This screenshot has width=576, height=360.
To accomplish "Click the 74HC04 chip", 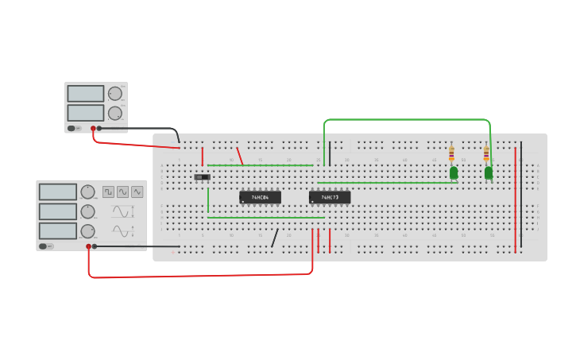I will point(260,197).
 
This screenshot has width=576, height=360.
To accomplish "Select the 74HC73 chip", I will point(329,197).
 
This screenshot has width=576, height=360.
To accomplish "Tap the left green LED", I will point(454,172).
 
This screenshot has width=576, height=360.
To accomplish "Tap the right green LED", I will point(489,172).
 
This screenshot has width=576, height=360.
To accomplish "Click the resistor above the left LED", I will point(451,153).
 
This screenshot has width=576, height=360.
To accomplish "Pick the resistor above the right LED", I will point(486,153).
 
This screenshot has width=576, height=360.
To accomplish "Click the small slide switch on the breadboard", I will point(203,176).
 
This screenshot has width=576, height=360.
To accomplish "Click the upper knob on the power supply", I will point(116,94).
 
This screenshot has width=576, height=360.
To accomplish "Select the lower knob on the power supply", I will point(116,113).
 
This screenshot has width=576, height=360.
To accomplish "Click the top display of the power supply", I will point(86,94).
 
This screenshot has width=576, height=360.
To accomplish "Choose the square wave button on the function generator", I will point(108,192).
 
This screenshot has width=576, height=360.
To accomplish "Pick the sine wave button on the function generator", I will point(122,192).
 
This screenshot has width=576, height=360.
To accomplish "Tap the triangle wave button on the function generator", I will point(137,192).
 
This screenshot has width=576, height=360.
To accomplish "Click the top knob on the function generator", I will point(87,192).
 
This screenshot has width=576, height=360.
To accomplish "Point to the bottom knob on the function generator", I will point(87,231).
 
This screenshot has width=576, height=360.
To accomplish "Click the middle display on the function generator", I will point(57,211).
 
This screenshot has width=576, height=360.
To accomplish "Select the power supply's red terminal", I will point(93,128).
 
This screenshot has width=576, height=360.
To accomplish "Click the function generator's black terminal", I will point(95,246).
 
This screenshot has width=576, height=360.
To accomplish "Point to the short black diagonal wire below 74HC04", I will point(275,238).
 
